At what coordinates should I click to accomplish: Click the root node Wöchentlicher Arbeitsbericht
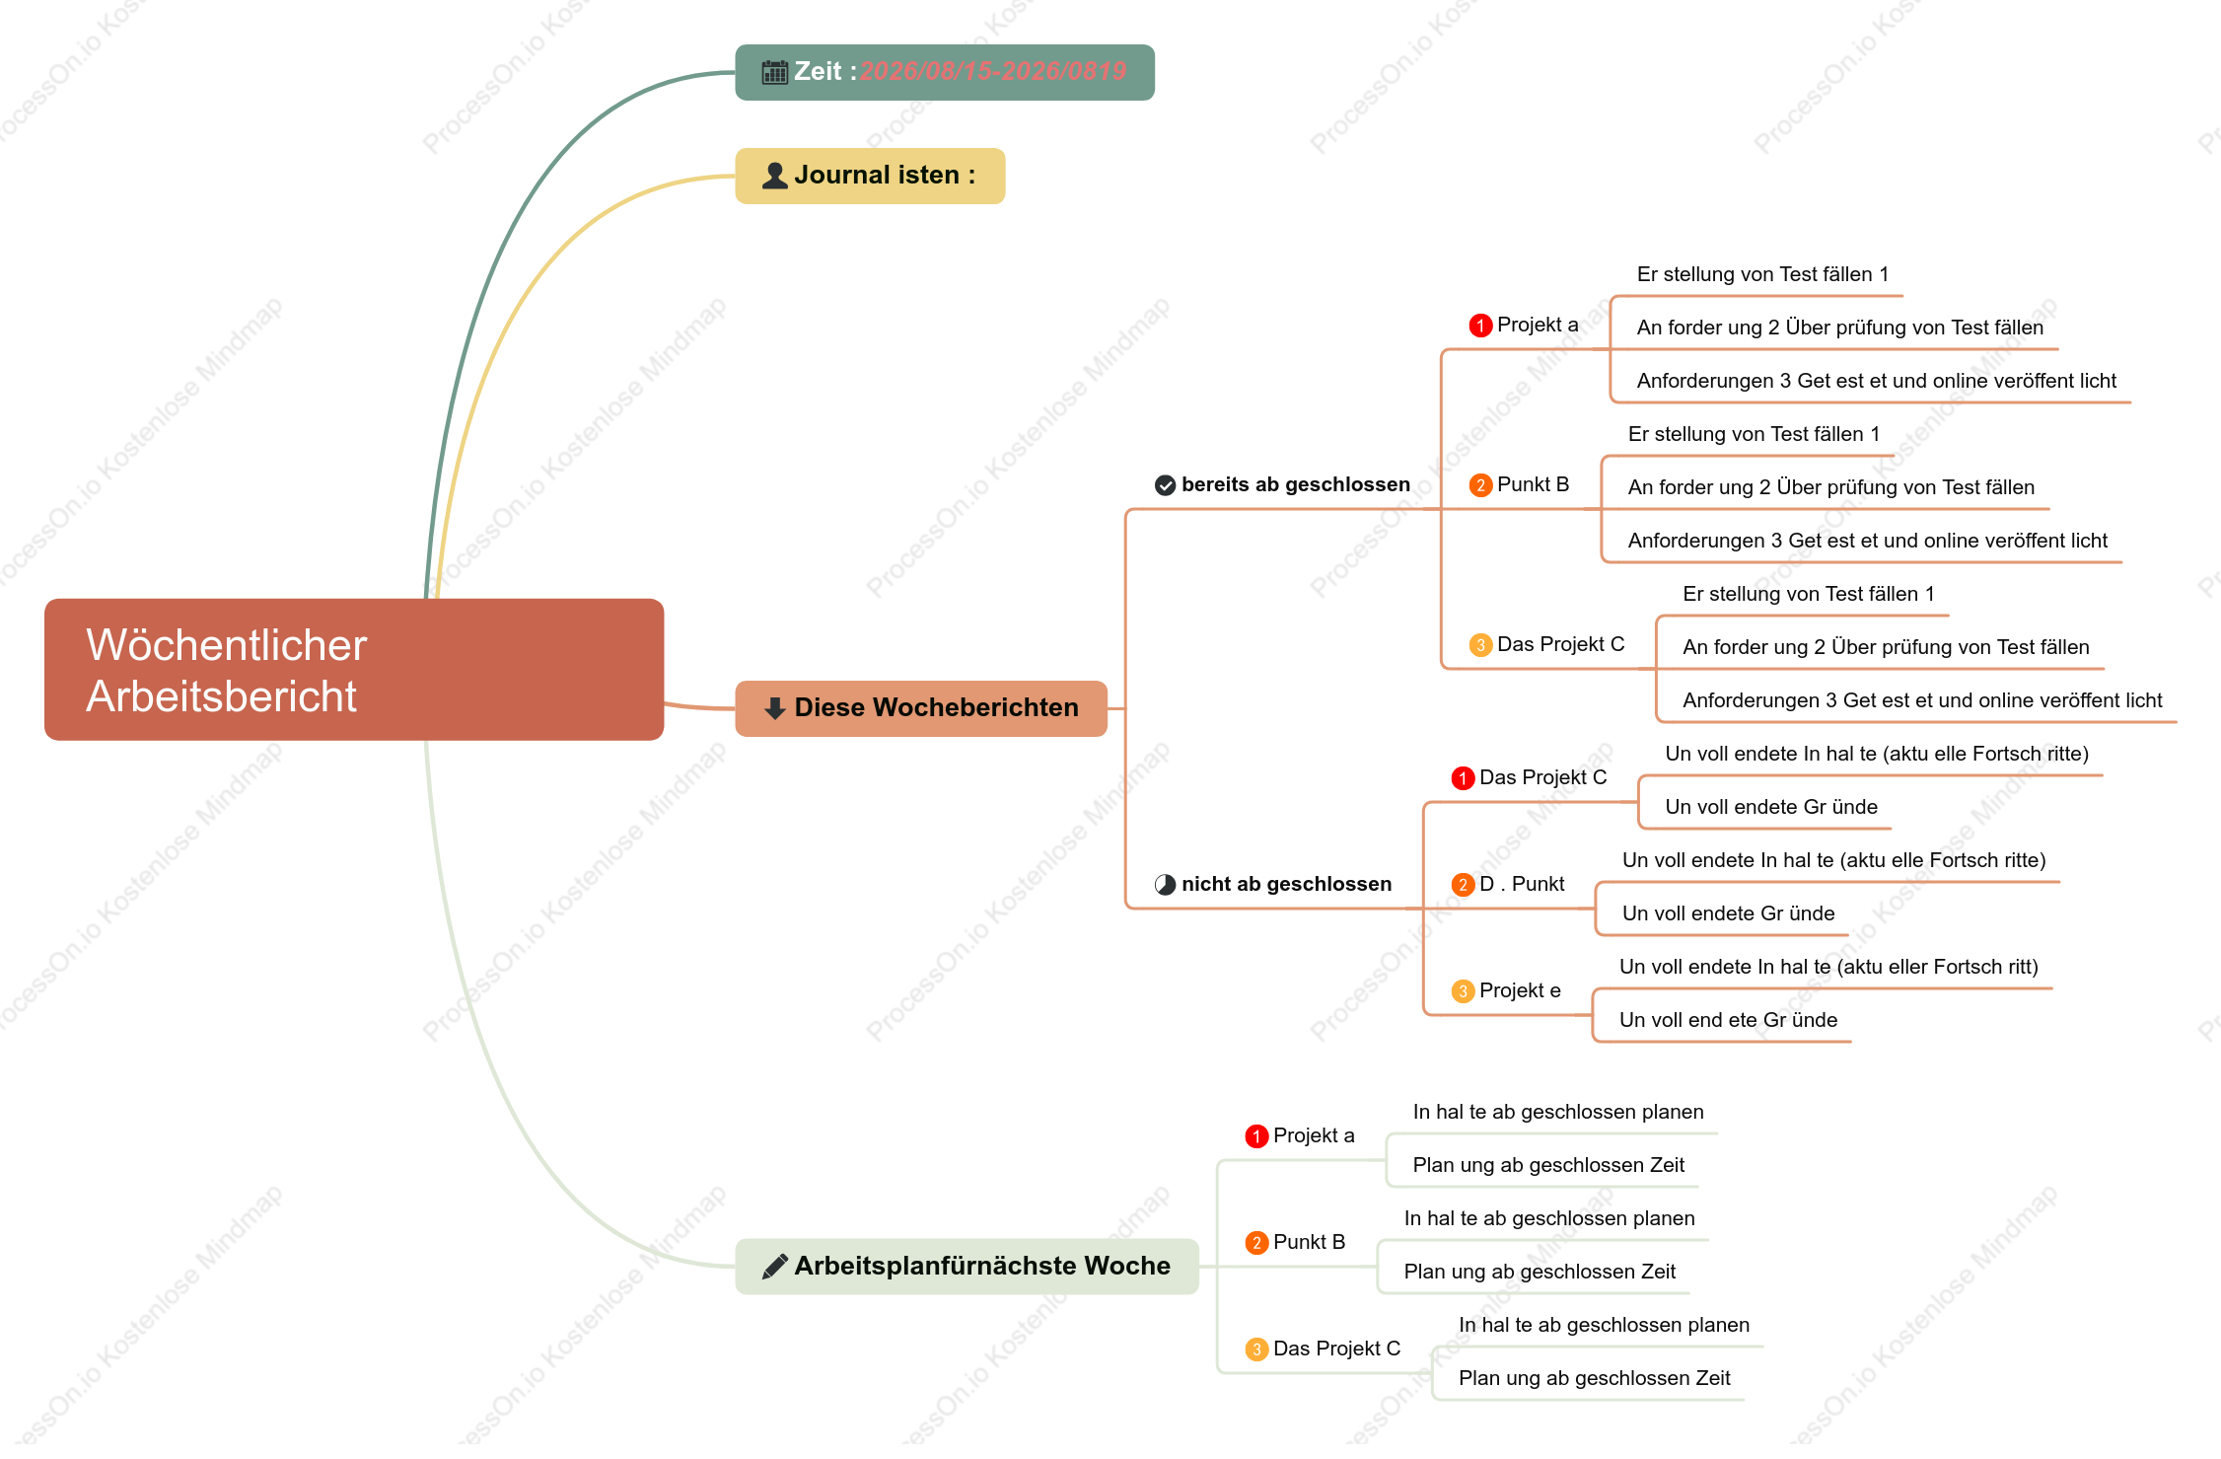click(x=354, y=669)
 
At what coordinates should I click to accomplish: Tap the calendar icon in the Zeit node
click(x=775, y=72)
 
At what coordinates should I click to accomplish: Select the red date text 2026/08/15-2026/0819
click(x=993, y=71)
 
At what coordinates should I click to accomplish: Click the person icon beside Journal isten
click(x=775, y=176)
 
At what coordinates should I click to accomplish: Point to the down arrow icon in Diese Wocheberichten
click(x=775, y=708)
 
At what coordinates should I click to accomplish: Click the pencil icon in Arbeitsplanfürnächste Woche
click(x=775, y=1266)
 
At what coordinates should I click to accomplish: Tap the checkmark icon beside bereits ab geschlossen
click(x=1166, y=485)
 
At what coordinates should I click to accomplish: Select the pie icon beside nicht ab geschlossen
click(x=1166, y=885)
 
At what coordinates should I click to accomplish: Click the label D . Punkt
click(x=1522, y=884)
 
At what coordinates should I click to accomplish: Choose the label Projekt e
click(x=1520, y=990)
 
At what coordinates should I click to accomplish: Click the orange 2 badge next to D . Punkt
click(x=1464, y=885)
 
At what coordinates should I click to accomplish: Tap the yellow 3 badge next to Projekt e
click(x=1464, y=991)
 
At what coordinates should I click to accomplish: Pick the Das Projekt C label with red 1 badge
click(x=1542, y=777)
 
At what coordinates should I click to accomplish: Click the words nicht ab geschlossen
click(x=1287, y=884)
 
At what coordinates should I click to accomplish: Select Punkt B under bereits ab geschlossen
click(x=1533, y=484)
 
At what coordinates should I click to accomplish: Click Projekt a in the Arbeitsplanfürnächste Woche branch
click(x=1314, y=1135)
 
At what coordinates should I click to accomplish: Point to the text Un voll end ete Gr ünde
click(x=1728, y=1020)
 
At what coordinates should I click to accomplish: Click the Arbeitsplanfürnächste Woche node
click(x=967, y=1266)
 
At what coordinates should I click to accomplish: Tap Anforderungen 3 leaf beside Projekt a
click(x=1876, y=381)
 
